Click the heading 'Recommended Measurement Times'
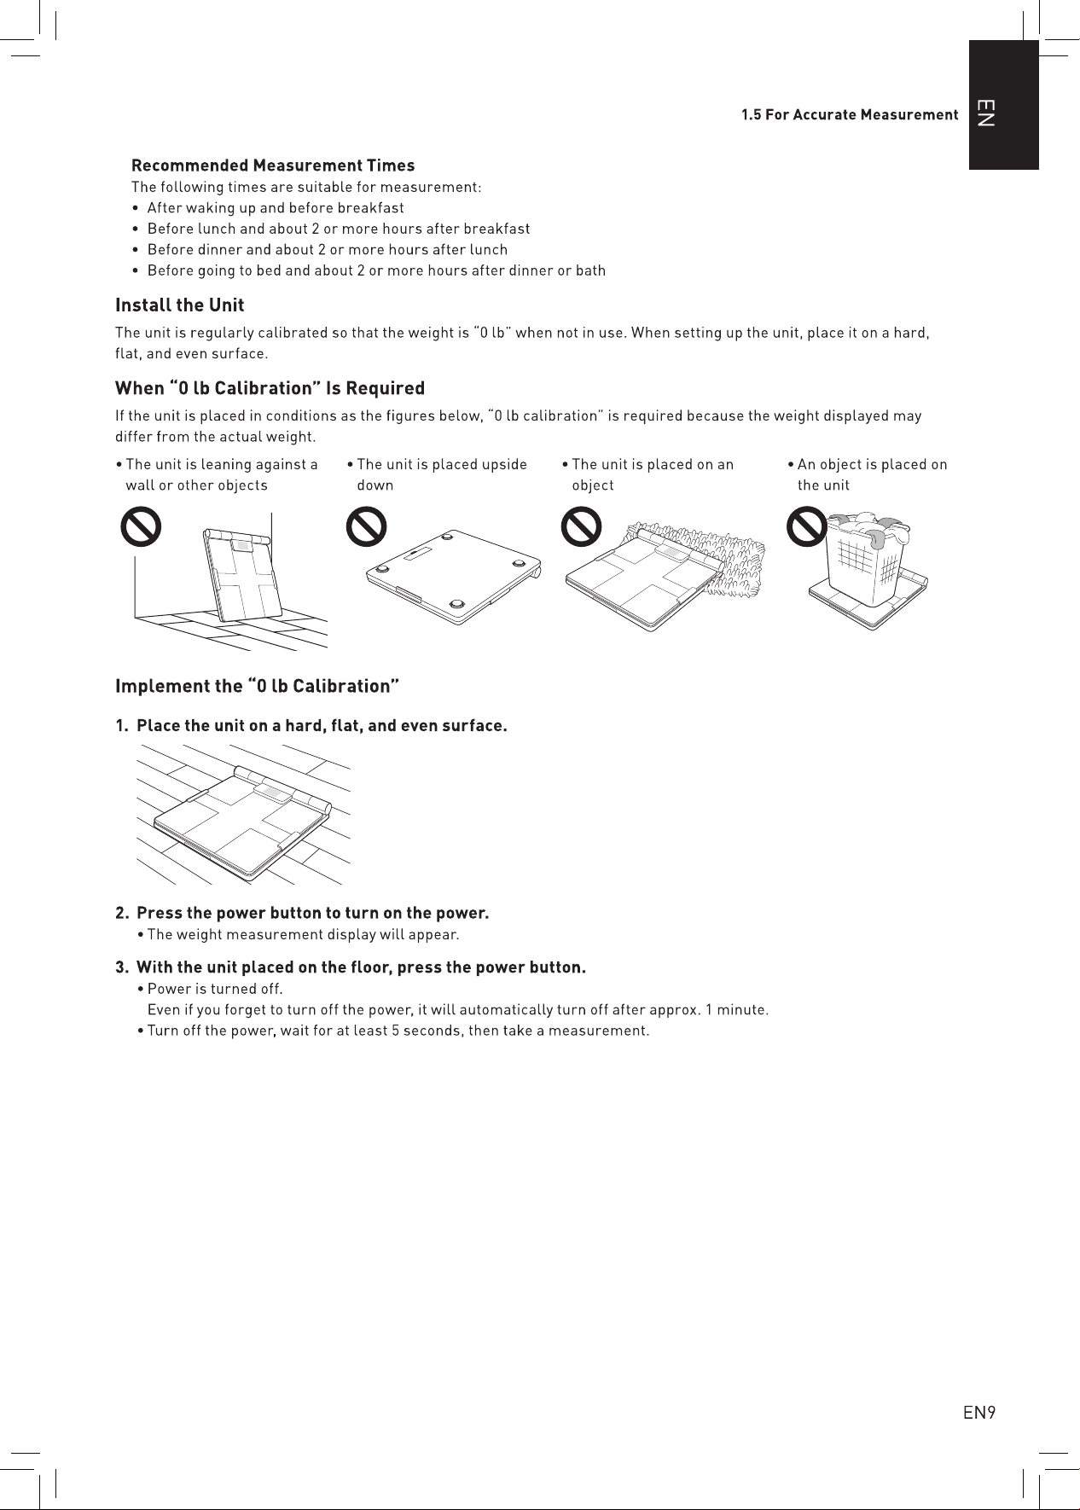coord(273,166)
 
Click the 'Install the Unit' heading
coord(180,305)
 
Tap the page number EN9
coord(979,1413)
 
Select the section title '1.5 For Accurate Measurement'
coord(850,115)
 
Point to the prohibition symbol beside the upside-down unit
coord(366,526)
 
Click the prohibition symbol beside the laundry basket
coord(806,526)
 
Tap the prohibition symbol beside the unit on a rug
coord(581,526)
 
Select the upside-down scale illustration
coord(454,577)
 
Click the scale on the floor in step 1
coord(242,821)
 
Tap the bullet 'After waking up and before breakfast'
coord(276,207)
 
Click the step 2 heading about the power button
coord(312,914)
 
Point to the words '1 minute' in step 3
coord(736,1010)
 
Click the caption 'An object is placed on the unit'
coord(872,474)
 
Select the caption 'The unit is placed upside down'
coord(438,474)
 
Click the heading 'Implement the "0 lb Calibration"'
coord(258,686)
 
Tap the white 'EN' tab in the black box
coord(984,113)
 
